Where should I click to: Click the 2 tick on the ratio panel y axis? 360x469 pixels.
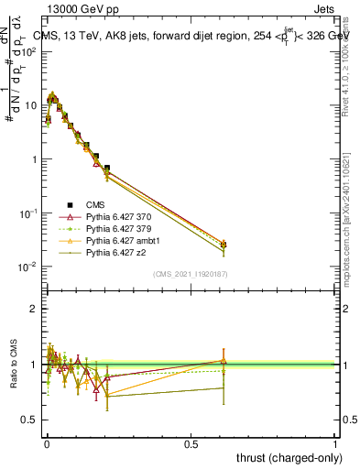35,309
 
